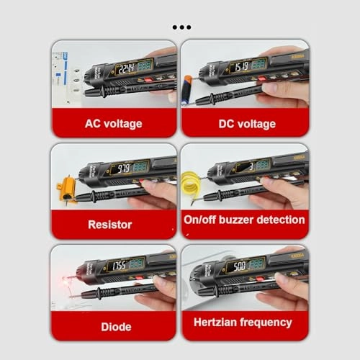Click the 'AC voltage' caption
113,123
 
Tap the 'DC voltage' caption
247,124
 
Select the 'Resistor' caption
110,224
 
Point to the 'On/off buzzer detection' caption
245,220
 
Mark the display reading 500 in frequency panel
239,266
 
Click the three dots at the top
181,27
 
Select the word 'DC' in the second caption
228,124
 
